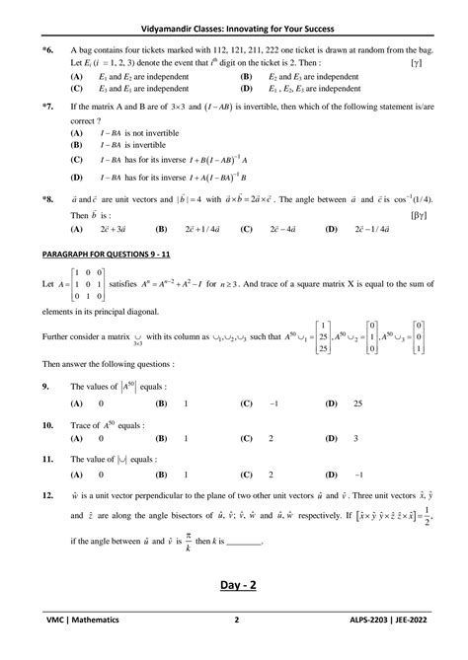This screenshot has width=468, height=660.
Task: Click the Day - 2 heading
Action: tap(233, 614)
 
